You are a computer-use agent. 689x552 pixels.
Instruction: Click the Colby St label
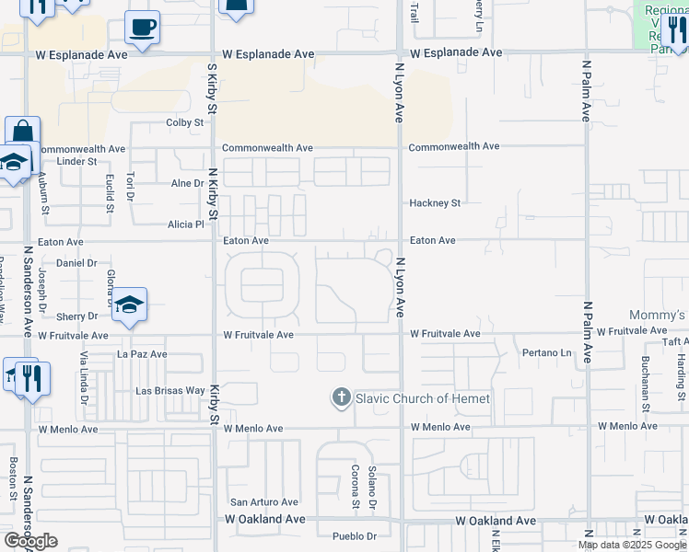tap(184, 122)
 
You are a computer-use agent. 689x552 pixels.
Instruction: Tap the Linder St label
tap(77, 162)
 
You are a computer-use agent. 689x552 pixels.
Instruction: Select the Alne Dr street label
tap(187, 184)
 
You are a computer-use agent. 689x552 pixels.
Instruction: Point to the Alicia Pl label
tap(185, 224)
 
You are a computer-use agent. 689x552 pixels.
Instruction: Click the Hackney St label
tap(435, 203)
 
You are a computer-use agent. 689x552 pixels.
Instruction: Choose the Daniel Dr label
tap(76, 263)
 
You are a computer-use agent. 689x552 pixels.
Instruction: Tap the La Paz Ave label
tap(141, 353)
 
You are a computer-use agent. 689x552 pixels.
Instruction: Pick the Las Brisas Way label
tap(169, 391)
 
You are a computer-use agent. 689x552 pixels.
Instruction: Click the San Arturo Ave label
tap(264, 502)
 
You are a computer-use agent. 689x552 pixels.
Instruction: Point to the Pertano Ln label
tap(547, 353)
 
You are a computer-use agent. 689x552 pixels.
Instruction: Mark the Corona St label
tap(355, 487)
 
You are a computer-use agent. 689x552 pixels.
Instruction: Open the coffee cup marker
tap(142, 28)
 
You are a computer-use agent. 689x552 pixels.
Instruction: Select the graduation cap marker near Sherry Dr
tap(130, 306)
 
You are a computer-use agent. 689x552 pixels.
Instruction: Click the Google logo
tap(30, 541)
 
